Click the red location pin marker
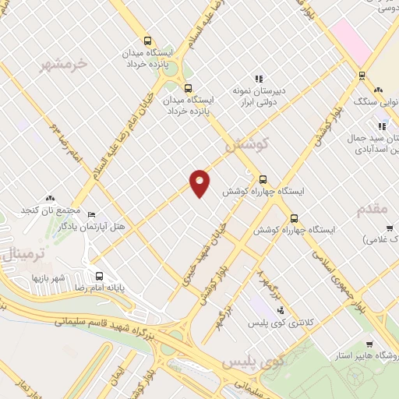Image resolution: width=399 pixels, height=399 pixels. [x=200, y=182]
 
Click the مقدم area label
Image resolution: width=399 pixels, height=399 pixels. [x=372, y=210]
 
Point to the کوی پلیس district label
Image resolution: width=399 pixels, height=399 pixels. [x=243, y=363]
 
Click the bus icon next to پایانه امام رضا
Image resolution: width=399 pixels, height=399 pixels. [x=99, y=276]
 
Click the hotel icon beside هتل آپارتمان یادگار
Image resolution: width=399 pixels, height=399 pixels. [x=91, y=214]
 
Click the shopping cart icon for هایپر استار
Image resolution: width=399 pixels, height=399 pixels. [x=369, y=344]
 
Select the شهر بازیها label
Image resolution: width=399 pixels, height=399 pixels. [x=48, y=277]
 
